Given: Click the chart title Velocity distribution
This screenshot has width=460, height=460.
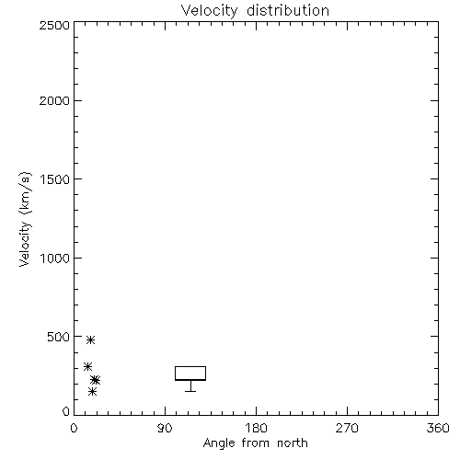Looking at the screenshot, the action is click(255, 10).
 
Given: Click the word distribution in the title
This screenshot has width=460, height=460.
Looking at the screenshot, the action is click(288, 10).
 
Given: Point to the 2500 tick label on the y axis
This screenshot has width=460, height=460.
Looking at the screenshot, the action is click(54, 25).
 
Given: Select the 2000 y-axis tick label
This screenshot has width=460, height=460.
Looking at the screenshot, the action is click(54, 100).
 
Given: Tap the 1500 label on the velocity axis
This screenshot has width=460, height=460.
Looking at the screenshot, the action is click(55, 179).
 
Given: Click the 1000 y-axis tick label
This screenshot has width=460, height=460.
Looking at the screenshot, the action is click(55, 259).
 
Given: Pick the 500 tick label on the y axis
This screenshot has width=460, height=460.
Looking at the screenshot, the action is click(59, 337).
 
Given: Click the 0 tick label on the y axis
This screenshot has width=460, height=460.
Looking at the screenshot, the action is click(66, 411).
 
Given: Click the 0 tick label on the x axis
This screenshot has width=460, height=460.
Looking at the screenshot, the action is click(74, 428).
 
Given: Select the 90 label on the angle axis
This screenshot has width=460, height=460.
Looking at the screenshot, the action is click(165, 428).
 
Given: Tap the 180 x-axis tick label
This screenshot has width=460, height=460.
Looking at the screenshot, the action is click(256, 428).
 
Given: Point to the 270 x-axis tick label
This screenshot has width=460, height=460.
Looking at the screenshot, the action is click(347, 428).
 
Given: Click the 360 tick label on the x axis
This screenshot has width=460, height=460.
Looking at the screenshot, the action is click(438, 428).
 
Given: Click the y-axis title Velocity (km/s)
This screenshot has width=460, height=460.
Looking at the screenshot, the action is click(25, 219).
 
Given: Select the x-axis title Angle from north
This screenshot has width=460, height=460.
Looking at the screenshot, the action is click(256, 443).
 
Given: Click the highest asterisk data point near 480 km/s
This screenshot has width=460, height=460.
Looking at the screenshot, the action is click(90, 339).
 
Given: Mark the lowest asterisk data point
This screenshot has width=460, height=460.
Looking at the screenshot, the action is click(92, 392).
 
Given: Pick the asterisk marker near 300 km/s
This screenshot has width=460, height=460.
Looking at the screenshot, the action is click(88, 366).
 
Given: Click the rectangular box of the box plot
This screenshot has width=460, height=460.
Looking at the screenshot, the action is click(190, 366).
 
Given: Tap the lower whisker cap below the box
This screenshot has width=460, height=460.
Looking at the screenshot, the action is click(190, 391).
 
